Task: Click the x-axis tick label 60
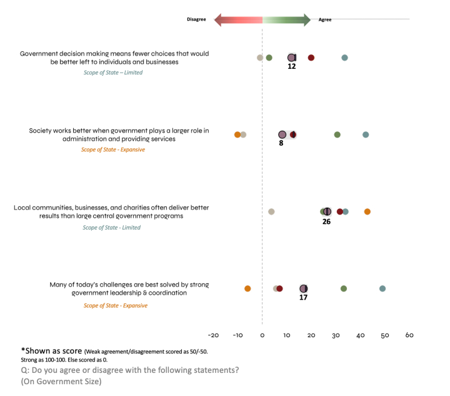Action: (409, 335)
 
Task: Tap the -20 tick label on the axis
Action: (212, 335)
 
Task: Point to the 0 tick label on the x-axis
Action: (262, 335)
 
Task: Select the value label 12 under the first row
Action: (291, 66)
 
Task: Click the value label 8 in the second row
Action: (281, 143)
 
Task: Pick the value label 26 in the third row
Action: (326, 221)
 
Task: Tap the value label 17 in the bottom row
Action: (303, 298)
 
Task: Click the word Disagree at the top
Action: (196, 19)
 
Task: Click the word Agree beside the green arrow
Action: (325, 19)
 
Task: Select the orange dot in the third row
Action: (367, 211)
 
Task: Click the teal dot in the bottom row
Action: (382, 288)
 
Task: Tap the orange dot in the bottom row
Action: (247, 288)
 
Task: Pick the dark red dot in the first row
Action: (311, 58)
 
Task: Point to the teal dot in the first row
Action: (344, 58)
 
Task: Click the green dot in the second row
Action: (337, 135)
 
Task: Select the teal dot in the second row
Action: (366, 135)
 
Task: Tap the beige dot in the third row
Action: (271, 211)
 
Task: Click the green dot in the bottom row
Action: (344, 288)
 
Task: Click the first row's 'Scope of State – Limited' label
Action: (113, 73)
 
